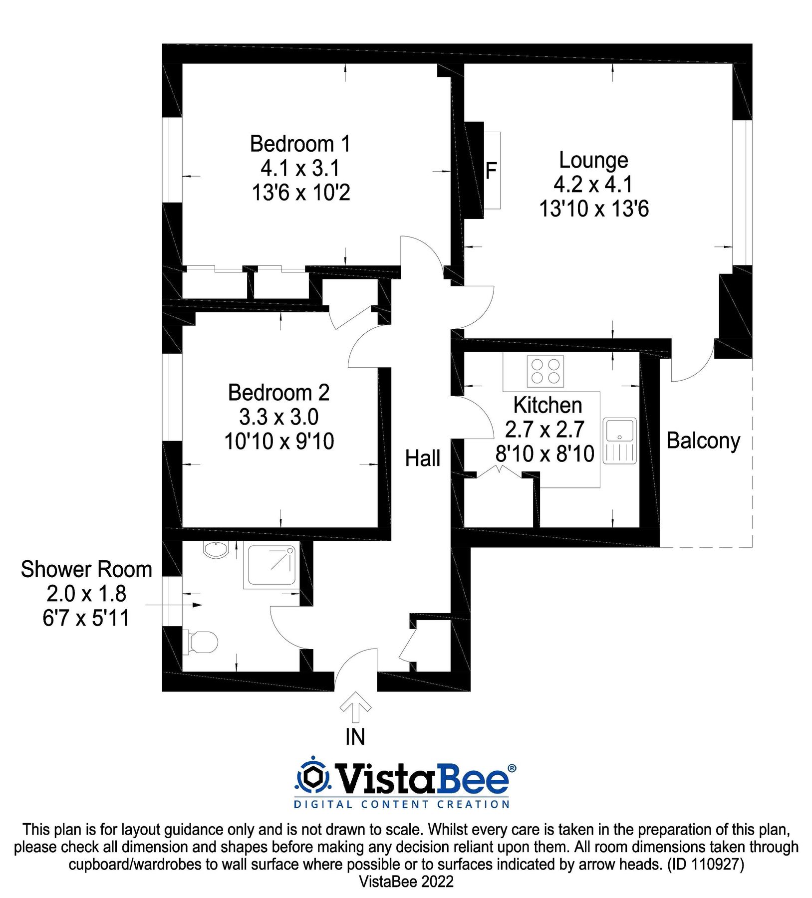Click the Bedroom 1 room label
click(x=300, y=144)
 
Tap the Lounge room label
click(x=593, y=161)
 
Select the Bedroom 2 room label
click(x=278, y=393)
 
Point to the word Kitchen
click(x=547, y=405)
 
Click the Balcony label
click(x=703, y=442)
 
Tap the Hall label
click(x=422, y=458)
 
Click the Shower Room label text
click(x=86, y=569)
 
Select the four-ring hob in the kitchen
click(x=545, y=371)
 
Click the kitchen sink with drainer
click(x=619, y=441)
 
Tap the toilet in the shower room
click(x=201, y=642)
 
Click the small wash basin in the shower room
click(x=216, y=549)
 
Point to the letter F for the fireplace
click(x=491, y=171)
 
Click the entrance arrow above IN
click(x=355, y=707)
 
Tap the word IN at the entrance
click(x=355, y=737)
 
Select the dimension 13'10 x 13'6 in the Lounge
click(x=594, y=209)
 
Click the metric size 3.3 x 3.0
click(x=278, y=417)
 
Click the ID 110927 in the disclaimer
click(x=706, y=864)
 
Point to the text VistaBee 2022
click(x=406, y=882)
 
